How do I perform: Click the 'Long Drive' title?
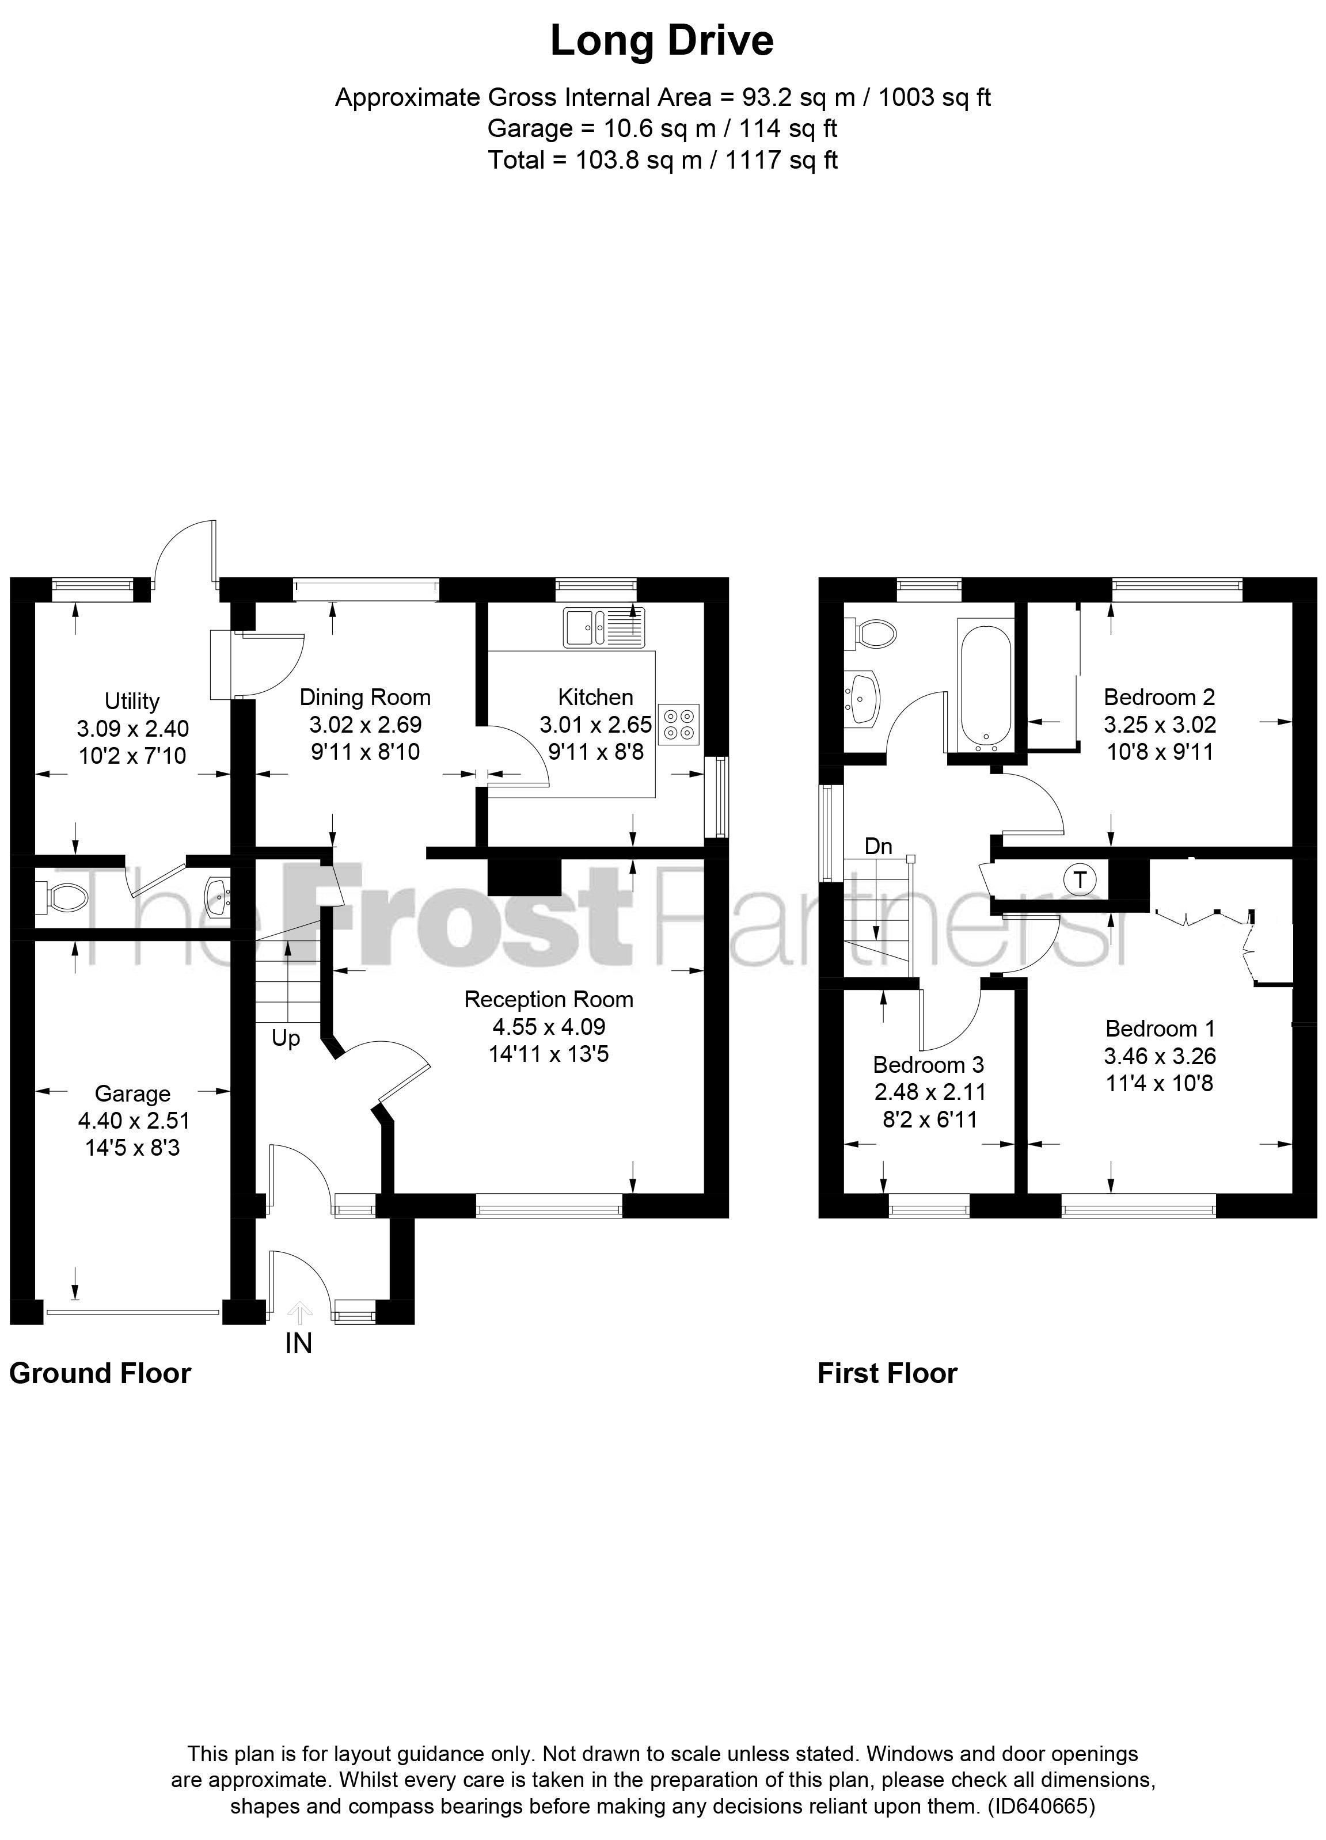[x=662, y=40]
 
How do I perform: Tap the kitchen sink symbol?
[x=604, y=627]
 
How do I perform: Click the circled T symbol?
[x=1080, y=879]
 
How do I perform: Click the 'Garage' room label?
[x=132, y=1094]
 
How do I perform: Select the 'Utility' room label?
[x=132, y=701]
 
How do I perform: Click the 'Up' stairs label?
[x=286, y=1038]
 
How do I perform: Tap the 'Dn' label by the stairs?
[x=878, y=846]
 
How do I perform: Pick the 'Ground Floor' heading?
[x=100, y=1373]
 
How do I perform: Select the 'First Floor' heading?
[x=887, y=1373]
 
